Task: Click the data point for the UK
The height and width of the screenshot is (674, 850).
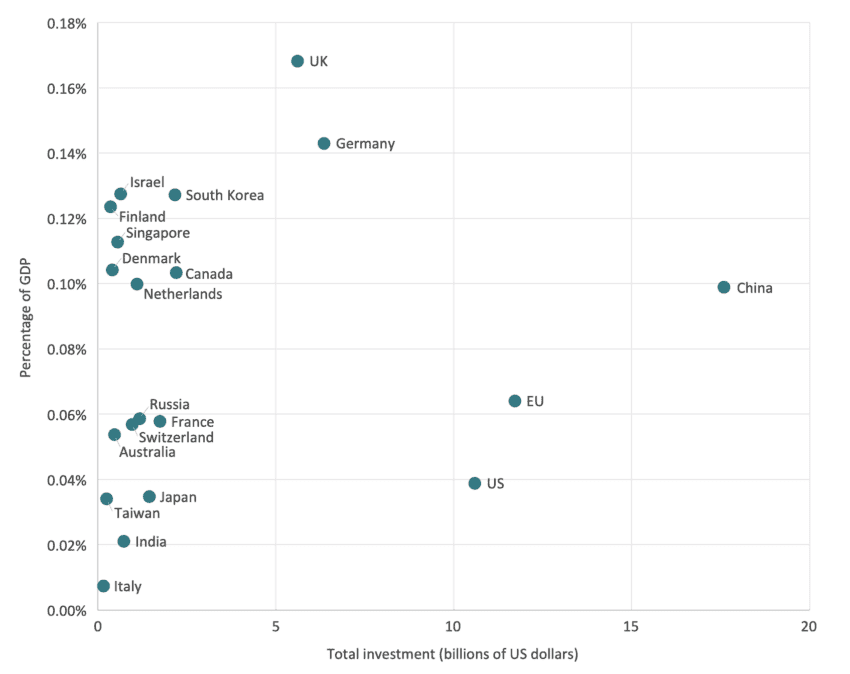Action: click(x=297, y=61)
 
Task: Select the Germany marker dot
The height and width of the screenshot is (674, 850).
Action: click(x=324, y=144)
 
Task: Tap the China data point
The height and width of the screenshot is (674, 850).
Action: click(x=724, y=288)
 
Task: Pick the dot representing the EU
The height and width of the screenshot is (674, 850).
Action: click(x=515, y=401)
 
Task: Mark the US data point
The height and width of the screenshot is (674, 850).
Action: click(x=475, y=483)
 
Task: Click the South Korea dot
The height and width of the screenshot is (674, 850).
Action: click(x=175, y=195)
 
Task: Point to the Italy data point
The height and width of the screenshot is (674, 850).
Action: click(x=103, y=586)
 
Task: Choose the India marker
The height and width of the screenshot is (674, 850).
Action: click(x=124, y=541)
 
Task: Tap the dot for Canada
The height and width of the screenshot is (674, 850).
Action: click(x=176, y=273)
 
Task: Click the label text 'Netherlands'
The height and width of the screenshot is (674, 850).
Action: click(x=183, y=294)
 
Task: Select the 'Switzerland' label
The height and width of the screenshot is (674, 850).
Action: click(x=176, y=437)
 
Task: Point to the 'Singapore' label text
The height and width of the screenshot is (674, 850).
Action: click(x=157, y=233)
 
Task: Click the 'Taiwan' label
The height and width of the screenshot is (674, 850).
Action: click(x=137, y=513)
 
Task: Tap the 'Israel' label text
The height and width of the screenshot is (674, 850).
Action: click(x=147, y=182)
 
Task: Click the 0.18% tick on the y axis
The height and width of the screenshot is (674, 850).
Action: click(x=67, y=23)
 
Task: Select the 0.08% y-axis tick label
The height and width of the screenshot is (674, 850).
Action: click(x=67, y=349)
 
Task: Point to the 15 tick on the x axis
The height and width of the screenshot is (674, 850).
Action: click(x=631, y=627)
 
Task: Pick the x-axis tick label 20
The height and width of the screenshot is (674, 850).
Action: click(x=808, y=627)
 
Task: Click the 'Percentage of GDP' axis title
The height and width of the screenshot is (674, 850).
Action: click(x=27, y=315)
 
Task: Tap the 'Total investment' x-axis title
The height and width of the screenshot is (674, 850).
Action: click(x=453, y=655)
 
